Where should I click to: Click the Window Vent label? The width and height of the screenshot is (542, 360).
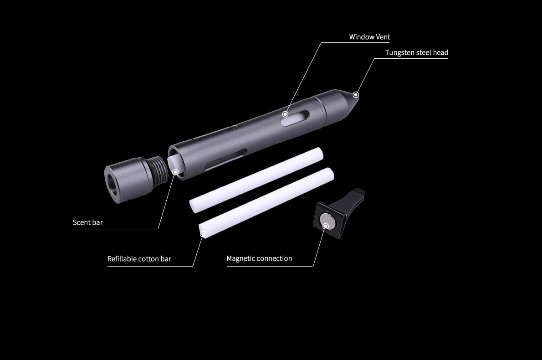click(x=369, y=37)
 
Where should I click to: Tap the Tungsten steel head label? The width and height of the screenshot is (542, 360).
click(x=417, y=52)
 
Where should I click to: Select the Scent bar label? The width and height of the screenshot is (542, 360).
click(x=88, y=222)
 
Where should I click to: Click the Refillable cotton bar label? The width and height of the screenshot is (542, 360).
click(x=139, y=259)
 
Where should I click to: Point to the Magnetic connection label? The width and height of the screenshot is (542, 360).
click(x=259, y=258)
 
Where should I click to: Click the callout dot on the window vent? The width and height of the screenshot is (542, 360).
click(x=285, y=114)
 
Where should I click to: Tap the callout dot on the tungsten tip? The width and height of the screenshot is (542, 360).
click(x=356, y=94)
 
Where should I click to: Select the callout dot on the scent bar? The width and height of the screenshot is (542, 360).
click(x=176, y=172)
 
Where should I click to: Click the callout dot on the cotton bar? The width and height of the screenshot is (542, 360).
click(x=203, y=234)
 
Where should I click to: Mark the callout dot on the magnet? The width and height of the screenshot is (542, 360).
click(x=326, y=226)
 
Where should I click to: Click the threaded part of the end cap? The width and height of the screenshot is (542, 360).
click(x=159, y=172)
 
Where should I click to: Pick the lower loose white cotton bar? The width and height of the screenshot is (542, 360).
click(x=266, y=203)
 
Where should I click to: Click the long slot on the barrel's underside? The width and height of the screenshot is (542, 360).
click(x=225, y=160)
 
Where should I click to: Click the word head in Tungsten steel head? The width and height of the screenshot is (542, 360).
click(x=440, y=52)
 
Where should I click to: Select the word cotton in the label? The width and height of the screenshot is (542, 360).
click(x=148, y=259)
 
